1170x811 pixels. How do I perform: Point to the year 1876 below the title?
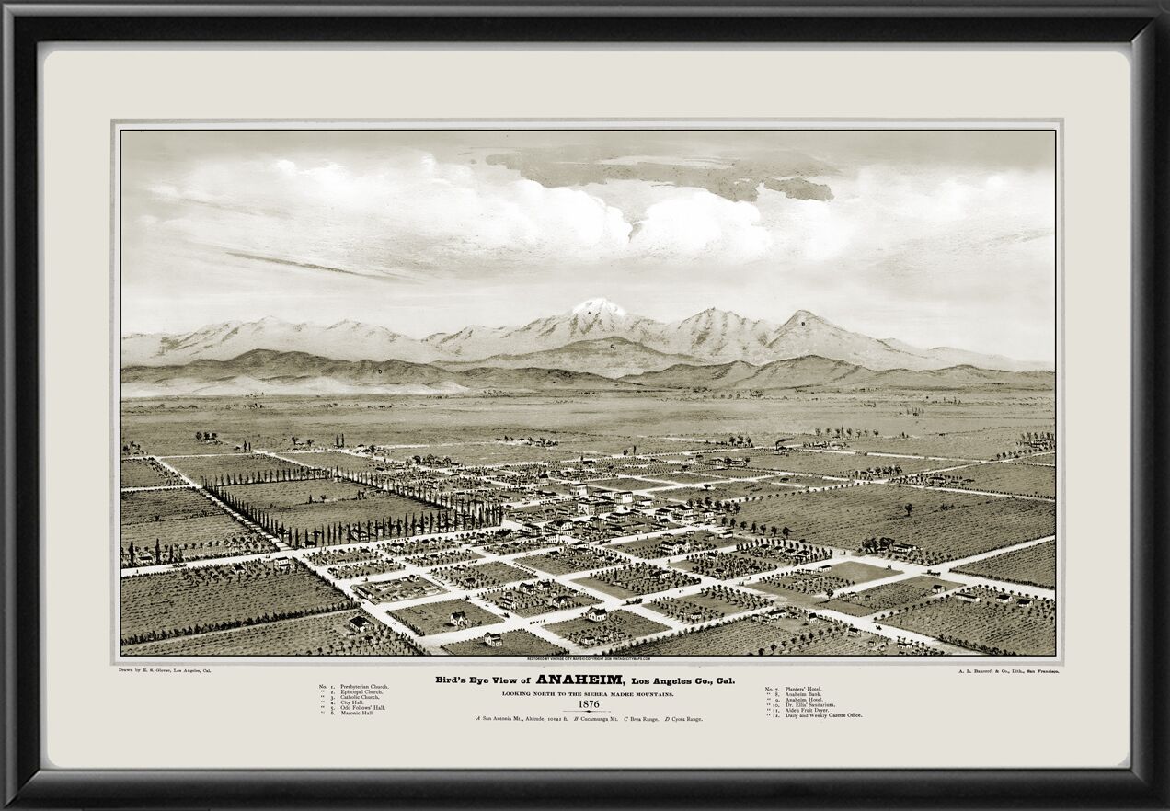pos(588,704)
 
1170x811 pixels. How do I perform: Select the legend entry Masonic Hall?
pos(355,713)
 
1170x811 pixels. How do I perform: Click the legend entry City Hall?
pos(351,702)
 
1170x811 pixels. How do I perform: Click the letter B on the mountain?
pos(802,323)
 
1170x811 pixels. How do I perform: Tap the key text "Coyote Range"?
pos(683,719)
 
